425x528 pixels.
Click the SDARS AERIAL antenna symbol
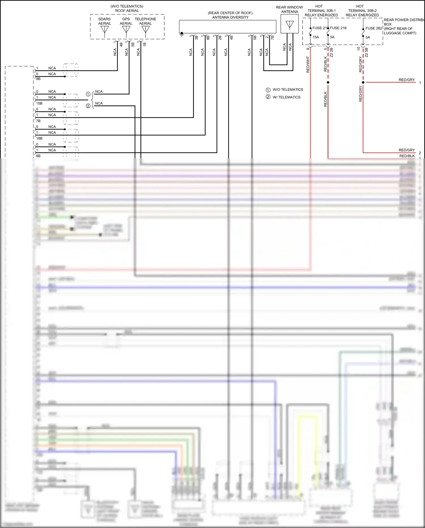pos(105,30)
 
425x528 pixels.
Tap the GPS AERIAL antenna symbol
pos(126,30)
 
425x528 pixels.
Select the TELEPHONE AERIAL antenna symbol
pos(145,30)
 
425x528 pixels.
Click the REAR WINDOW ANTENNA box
pos(290,24)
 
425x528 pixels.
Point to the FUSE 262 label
pos(373,28)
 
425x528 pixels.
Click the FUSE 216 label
pos(338,28)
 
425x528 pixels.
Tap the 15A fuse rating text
pos(316,37)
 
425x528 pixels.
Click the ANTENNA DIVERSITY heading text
pos(230,17)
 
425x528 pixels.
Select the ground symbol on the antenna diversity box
pos(182,34)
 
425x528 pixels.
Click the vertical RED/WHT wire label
pos(308,64)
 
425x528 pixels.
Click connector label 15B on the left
pos(39,103)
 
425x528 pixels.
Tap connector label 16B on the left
pos(39,138)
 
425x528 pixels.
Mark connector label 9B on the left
pos(38,79)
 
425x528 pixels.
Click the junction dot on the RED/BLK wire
pos(328,82)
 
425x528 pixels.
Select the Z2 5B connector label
pos(366,52)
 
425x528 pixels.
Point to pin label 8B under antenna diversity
pos(208,37)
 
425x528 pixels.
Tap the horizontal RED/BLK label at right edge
pos(407,156)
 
